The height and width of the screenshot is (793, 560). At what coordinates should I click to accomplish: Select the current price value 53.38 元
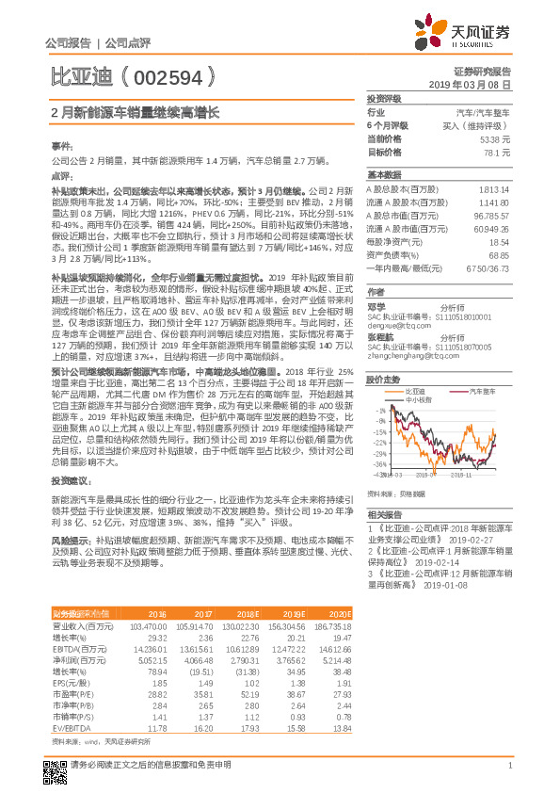(x=494, y=138)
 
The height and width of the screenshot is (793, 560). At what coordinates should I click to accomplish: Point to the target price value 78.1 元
(x=497, y=152)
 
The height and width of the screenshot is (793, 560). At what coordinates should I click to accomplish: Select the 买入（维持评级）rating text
(x=484, y=125)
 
